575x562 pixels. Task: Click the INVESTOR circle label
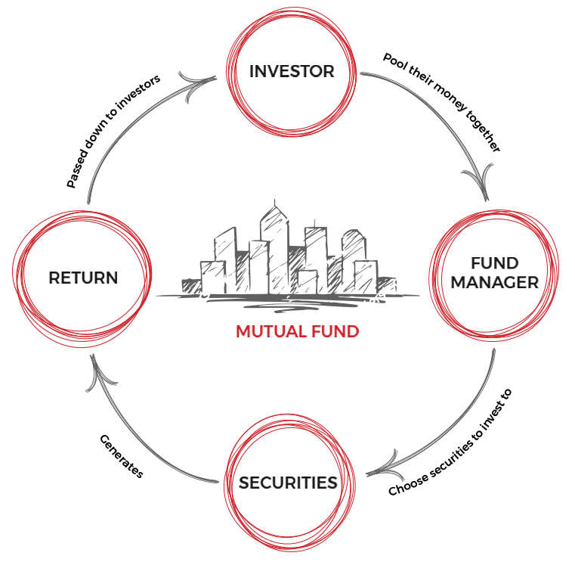click(292, 72)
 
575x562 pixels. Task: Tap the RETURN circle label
click(83, 278)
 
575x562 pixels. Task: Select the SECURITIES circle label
click(288, 483)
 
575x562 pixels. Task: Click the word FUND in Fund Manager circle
click(495, 263)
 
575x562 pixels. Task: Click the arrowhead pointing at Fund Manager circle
click(478, 185)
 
